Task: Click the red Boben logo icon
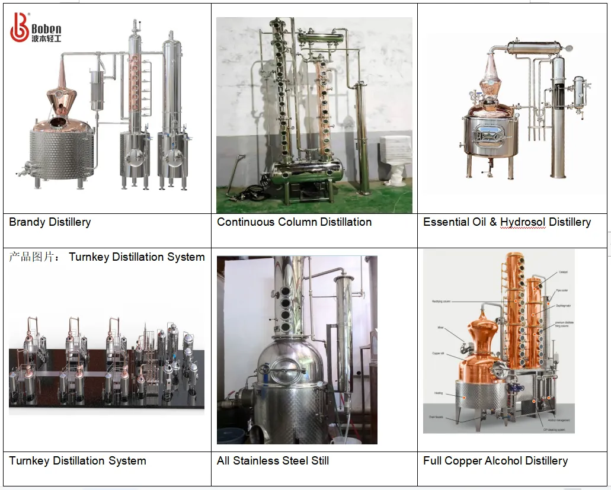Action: (20, 27)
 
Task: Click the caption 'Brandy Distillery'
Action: (50, 223)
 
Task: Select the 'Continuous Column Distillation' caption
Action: (294, 223)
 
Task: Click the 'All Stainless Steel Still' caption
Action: (273, 461)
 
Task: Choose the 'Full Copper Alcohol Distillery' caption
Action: (495, 461)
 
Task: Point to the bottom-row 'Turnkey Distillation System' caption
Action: (78, 461)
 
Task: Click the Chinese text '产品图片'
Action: (33, 257)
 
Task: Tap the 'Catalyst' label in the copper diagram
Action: (562, 273)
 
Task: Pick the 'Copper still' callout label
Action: (440, 354)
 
